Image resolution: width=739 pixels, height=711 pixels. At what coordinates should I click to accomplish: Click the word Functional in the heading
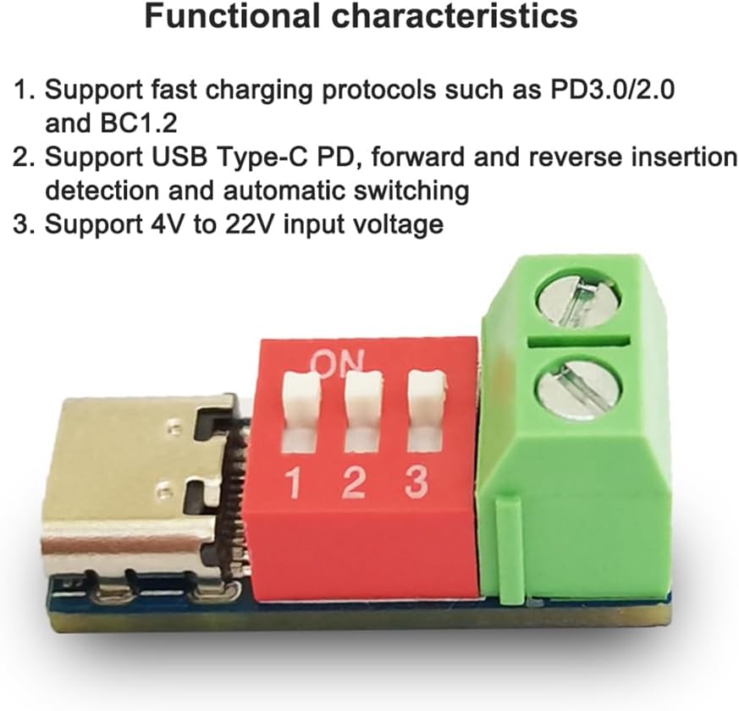pyautogui.click(x=232, y=15)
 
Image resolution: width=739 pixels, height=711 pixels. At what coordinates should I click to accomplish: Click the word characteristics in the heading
pyautogui.click(x=455, y=15)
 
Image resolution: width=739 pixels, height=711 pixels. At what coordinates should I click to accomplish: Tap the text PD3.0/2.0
pyautogui.click(x=613, y=89)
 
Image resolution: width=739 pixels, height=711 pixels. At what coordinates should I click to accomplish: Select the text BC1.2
pyautogui.click(x=139, y=124)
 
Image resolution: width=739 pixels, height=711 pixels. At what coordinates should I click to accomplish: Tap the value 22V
pyautogui.click(x=250, y=224)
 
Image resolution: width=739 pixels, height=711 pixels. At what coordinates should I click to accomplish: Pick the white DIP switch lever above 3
pyautogui.click(x=426, y=394)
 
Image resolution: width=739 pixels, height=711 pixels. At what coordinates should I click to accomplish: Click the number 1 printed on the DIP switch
pyautogui.click(x=294, y=483)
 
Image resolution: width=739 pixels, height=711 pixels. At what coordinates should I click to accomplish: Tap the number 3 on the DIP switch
pyautogui.click(x=416, y=482)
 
